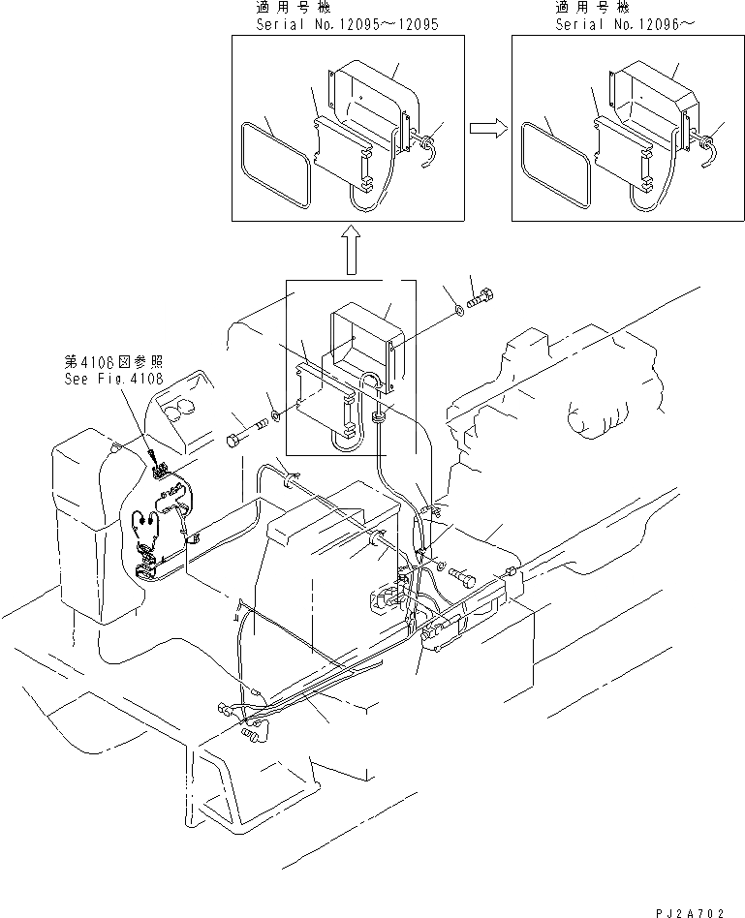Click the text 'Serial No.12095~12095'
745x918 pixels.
click(x=348, y=22)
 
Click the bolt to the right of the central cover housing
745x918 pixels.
click(x=481, y=295)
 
